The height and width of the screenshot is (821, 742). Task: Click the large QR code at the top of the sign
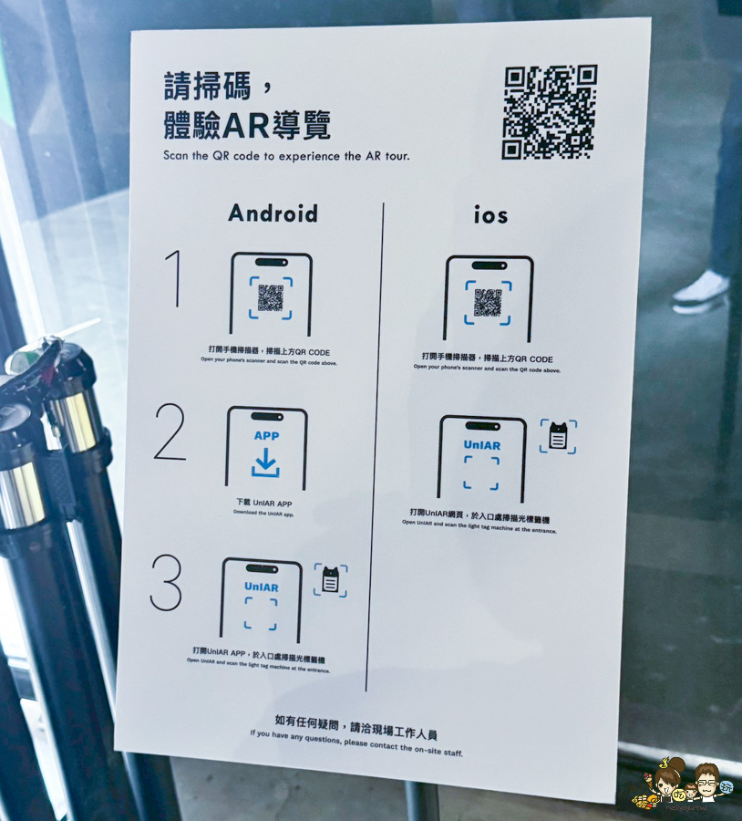coord(549,111)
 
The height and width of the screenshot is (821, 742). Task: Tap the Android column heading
coord(273,213)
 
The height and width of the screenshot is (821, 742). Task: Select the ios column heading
coord(490,215)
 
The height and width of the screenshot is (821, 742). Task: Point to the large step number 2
coord(170,433)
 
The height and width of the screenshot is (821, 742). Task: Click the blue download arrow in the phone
coord(265,463)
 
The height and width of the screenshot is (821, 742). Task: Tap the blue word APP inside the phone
coord(266,436)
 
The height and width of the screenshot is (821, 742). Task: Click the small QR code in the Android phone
coord(270,297)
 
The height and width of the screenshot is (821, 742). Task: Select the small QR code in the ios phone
coord(488,303)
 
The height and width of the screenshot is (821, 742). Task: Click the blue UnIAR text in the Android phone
coord(262,587)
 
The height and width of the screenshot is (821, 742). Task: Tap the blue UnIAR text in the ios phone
coord(481,445)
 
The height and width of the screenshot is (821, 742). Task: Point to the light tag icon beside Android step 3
coord(331,580)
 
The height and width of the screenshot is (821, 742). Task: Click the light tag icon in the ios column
coord(558,437)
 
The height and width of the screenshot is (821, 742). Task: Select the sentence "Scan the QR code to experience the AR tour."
coord(286,156)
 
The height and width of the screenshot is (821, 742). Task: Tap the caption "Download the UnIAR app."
coord(263,513)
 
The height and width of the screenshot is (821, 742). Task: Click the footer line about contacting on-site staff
coord(356,751)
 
